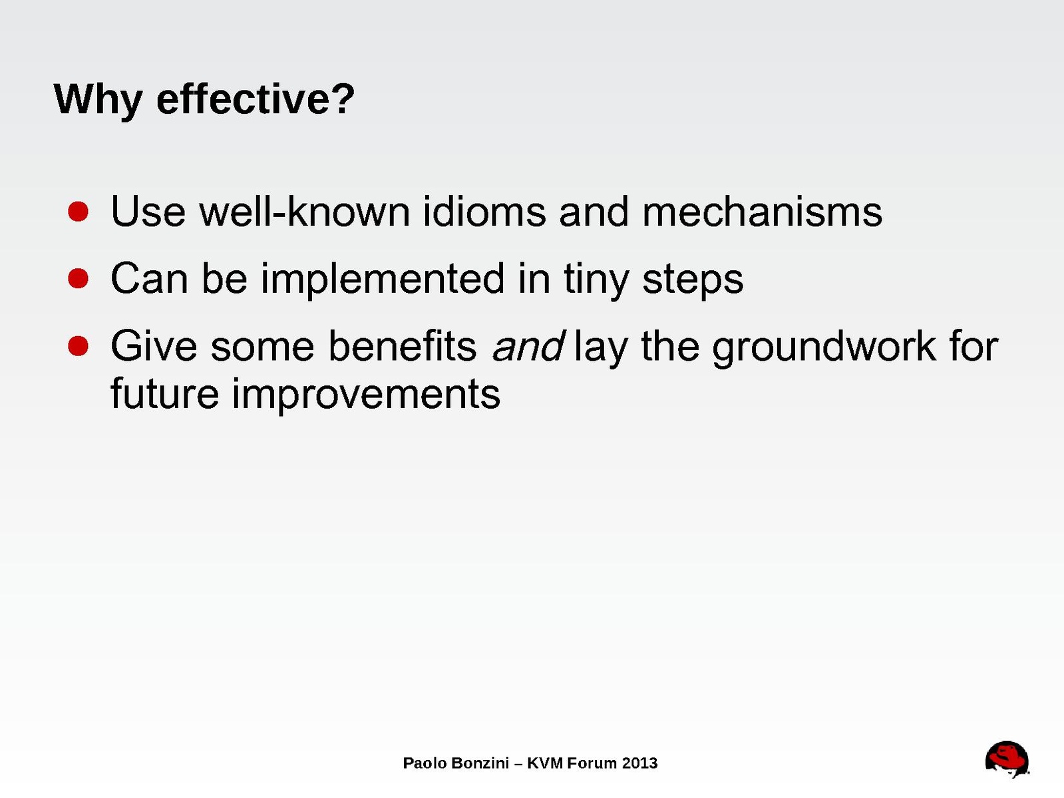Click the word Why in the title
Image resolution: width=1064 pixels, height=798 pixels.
pyautogui.click(x=98, y=100)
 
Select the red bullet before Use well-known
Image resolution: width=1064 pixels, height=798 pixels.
pyautogui.click(x=79, y=212)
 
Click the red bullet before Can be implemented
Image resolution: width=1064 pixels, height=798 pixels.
pyautogui.click(x=79, y=279)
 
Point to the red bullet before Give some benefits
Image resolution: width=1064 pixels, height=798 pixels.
pyautogui.click(x=79, y=347)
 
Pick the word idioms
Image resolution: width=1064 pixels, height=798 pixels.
pyautogui.click(x=484, y=211)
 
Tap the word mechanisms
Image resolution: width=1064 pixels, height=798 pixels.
pyautogui.click(x=763, y=211)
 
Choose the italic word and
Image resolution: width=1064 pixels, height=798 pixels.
pyautogui.click(x=528, y=345)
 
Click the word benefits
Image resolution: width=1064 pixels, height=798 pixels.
pyautogui.click(x=403, y=345)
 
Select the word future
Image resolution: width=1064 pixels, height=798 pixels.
pyautogui.click(x=164, y=393)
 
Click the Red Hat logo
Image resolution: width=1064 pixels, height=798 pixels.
pyautogui.click(x=1007, y=759)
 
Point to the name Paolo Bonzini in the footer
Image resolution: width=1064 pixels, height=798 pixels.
pyautogui.click(x=456, y=763)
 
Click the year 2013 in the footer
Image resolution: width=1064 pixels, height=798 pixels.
pyautogui.click(x=640, y=763)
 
